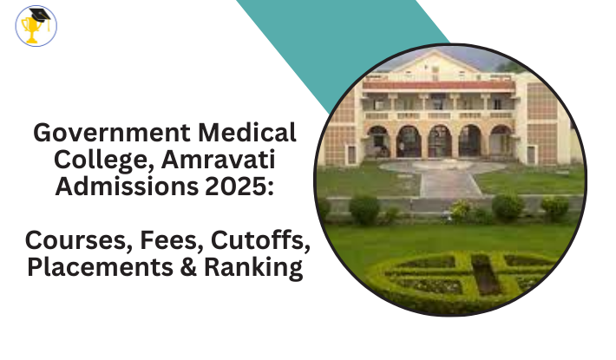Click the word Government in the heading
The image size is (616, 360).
(x=113, y=133)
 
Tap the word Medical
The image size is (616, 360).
(x=247, y=133)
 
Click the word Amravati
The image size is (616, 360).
(x=218, y=160)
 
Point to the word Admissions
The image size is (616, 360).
(x=127, y=187)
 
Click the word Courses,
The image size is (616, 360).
(x=79, y=240)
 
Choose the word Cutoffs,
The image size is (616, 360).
(x=260, y=240)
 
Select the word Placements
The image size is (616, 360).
(x=100, y=267)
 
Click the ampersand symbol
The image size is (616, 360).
(x=188, y=267)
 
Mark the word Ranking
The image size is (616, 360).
(x=253, y=268)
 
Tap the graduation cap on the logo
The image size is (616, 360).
(x=41, y=16)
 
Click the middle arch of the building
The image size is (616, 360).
(x=440, y=141)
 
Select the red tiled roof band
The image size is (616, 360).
(x=438, y=85)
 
